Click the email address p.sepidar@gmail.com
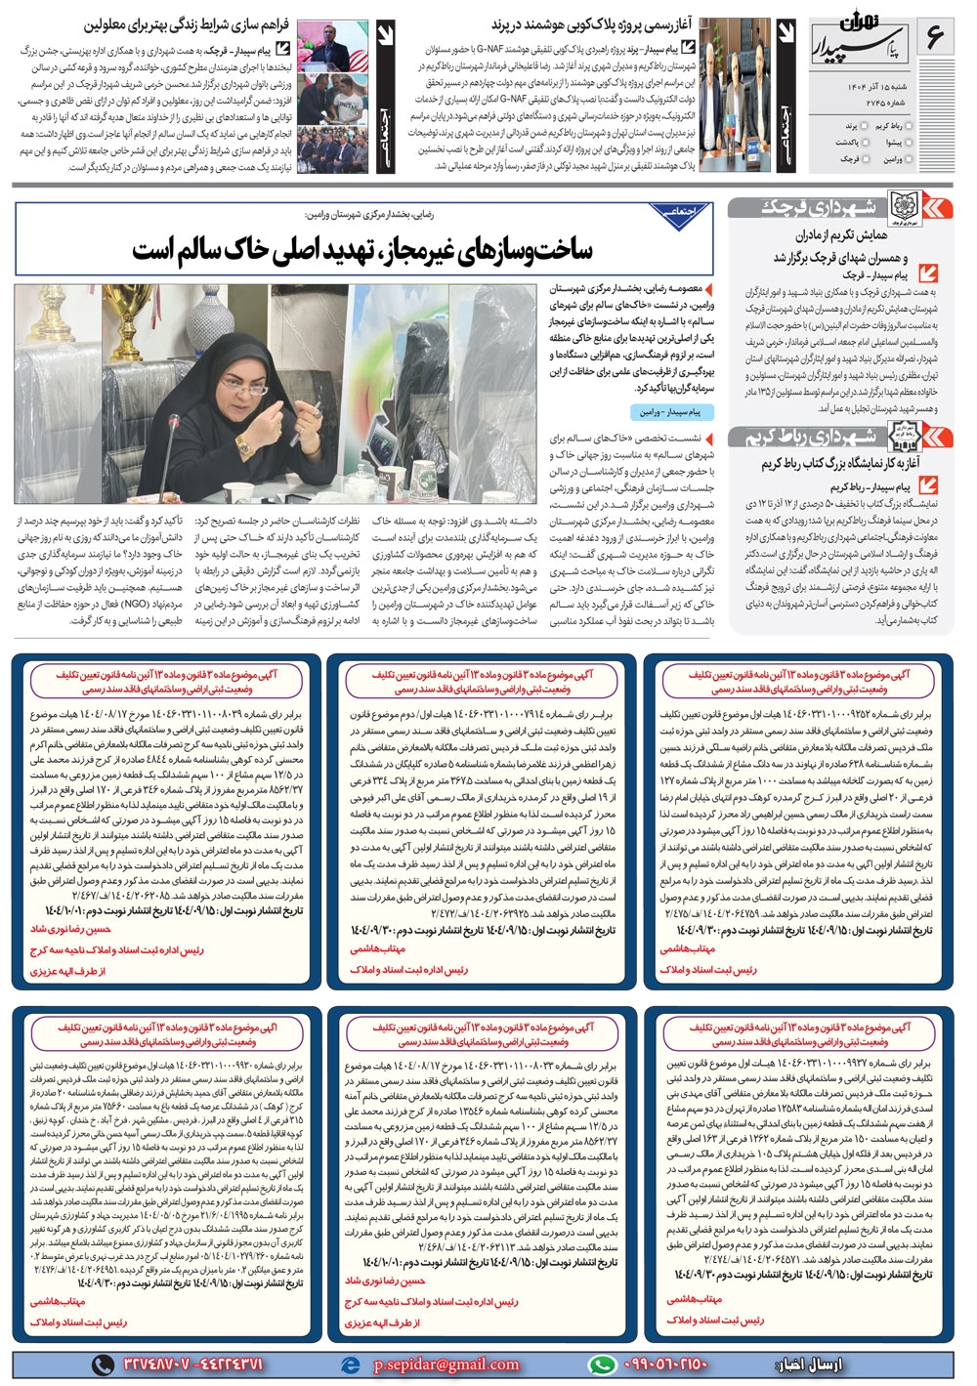(446, 1365)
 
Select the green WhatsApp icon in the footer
(603, 1365)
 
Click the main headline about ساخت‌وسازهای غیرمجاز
(361, 249)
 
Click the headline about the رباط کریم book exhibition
(841, 464)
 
